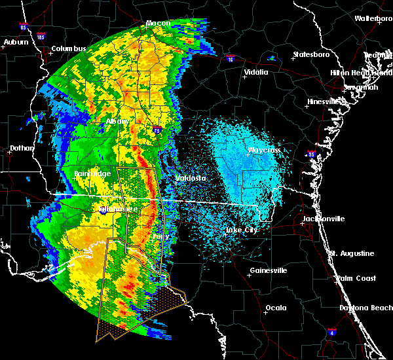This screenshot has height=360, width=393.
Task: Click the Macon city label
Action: [x=158, y=24]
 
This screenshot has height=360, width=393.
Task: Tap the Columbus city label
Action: [x=69, y=48]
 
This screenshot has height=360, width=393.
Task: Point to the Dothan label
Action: [x=21, y=148]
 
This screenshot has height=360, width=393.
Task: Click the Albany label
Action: [x=117, y=121]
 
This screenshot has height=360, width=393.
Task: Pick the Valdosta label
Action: [x=191, y=178]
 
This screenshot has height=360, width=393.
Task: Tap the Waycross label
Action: [x=264, y=151]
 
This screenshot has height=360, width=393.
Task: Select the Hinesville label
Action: [x=324, y=101]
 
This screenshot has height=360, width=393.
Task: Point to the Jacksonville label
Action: [x=324, y=219]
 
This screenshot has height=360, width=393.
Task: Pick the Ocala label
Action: [x=276, y=308]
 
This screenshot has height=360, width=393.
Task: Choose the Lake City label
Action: [x=241, y=230]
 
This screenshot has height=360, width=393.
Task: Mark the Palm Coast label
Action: [x=357, y=278]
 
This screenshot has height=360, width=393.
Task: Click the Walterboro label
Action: [x=373, y=18]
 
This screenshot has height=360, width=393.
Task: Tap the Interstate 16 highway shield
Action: [x=230, y=60]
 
